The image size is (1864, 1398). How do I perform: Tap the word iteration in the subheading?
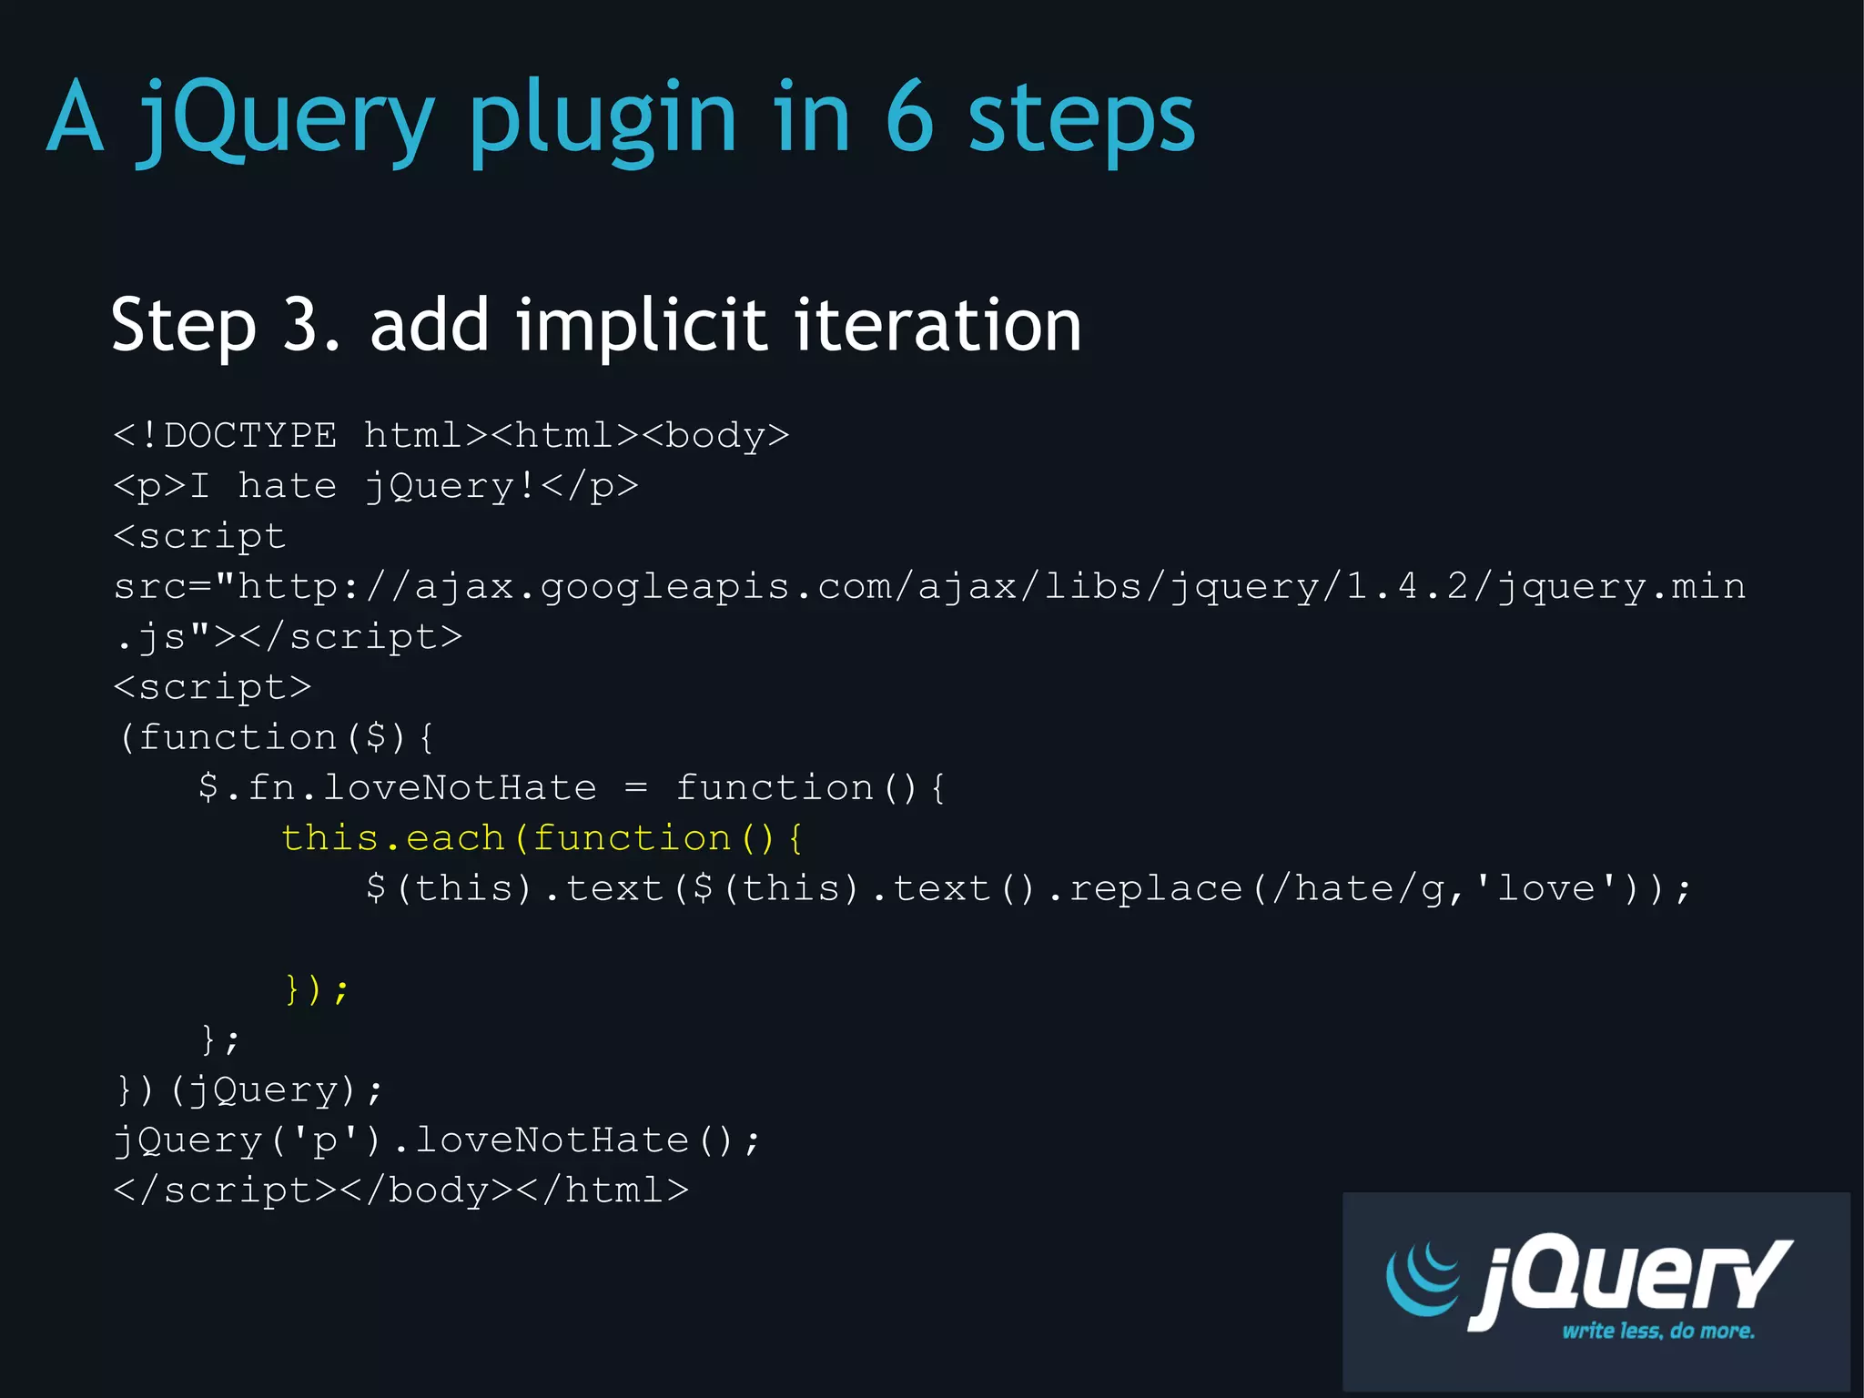coord(937,325)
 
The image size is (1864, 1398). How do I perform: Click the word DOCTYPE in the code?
coord(250,436)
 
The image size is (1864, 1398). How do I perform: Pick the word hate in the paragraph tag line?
coord(287,486)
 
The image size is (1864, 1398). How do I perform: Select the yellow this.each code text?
coord(391,838)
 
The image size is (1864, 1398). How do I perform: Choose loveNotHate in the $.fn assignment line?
coord(460,788)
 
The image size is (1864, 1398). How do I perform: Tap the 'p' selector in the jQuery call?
coord(326,1140)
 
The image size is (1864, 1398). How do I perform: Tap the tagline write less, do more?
coord(1657,1331)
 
